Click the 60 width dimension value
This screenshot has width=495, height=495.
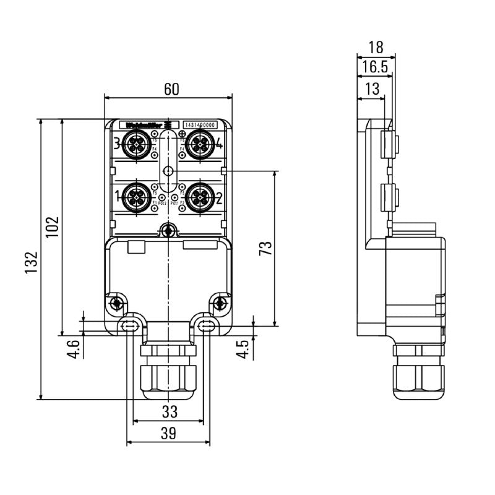click(171, 89)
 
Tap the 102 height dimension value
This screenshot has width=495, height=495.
click(53, 227)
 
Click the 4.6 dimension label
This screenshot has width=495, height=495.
click(74, 350)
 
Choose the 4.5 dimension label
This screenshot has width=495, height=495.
click(244, 348)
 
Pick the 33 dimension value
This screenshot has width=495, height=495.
click(169, 411)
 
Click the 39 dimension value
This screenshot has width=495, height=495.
click(168, 434)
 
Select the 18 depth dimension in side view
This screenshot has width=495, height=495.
click(375, 47)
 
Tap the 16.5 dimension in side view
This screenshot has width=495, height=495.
click(375, 67)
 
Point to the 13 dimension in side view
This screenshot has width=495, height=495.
click(372, 89)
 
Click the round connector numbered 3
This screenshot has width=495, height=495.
click(134, 146)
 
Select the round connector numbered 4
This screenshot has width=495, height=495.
click(199, 146)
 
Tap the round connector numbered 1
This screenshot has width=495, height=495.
click(134, 197)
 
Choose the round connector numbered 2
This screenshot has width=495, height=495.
click(199, 197)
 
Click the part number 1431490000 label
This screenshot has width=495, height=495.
click(201, 125)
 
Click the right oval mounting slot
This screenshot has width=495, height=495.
click(207, 326)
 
